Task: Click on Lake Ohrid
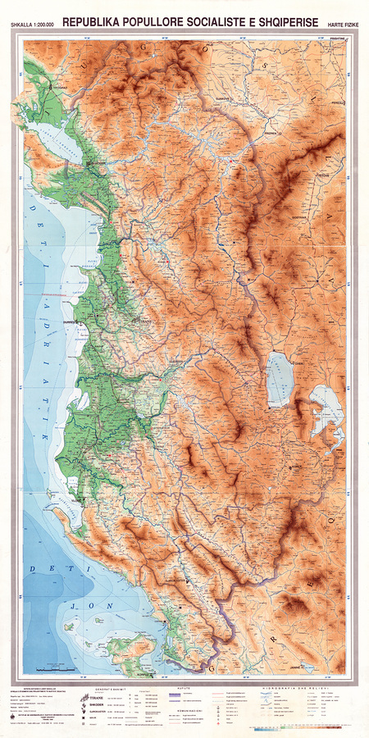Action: [280, 379]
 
